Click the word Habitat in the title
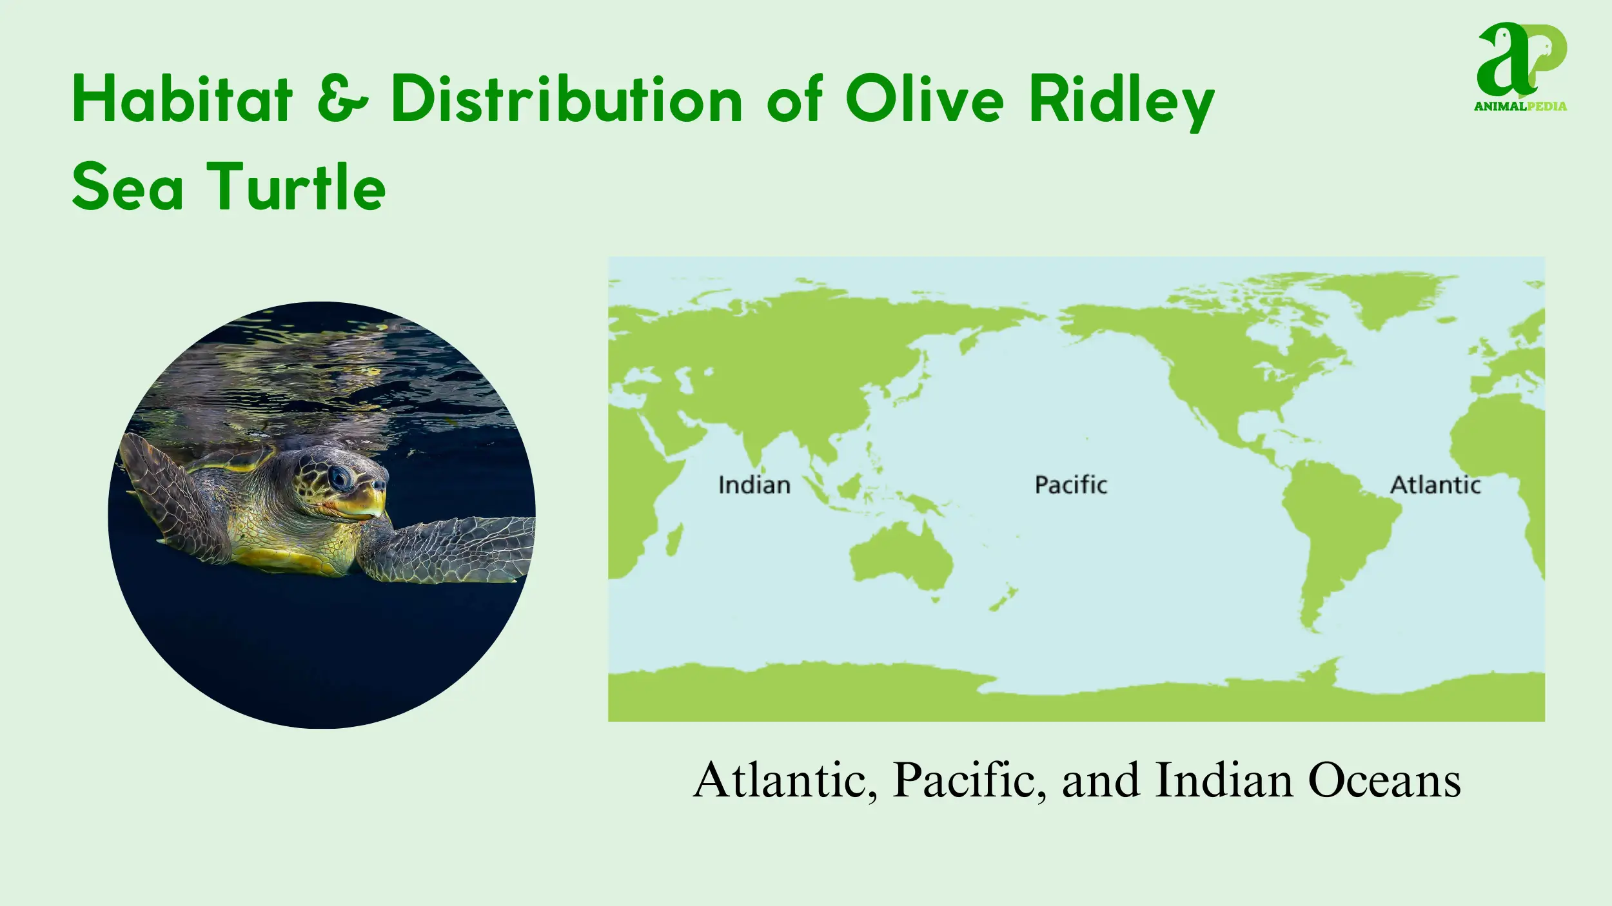point(182,98)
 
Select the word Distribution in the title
point(567,98)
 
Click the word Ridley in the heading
point(1121,102)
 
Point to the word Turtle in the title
point(296,186)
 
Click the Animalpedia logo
point(1521,67)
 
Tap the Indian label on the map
point(754,485)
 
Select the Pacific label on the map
point(1070,485)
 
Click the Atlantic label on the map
point(1435,485)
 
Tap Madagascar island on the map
point(674,540)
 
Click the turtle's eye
point(339,477)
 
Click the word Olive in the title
point(924,98)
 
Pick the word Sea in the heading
point(128,186)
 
